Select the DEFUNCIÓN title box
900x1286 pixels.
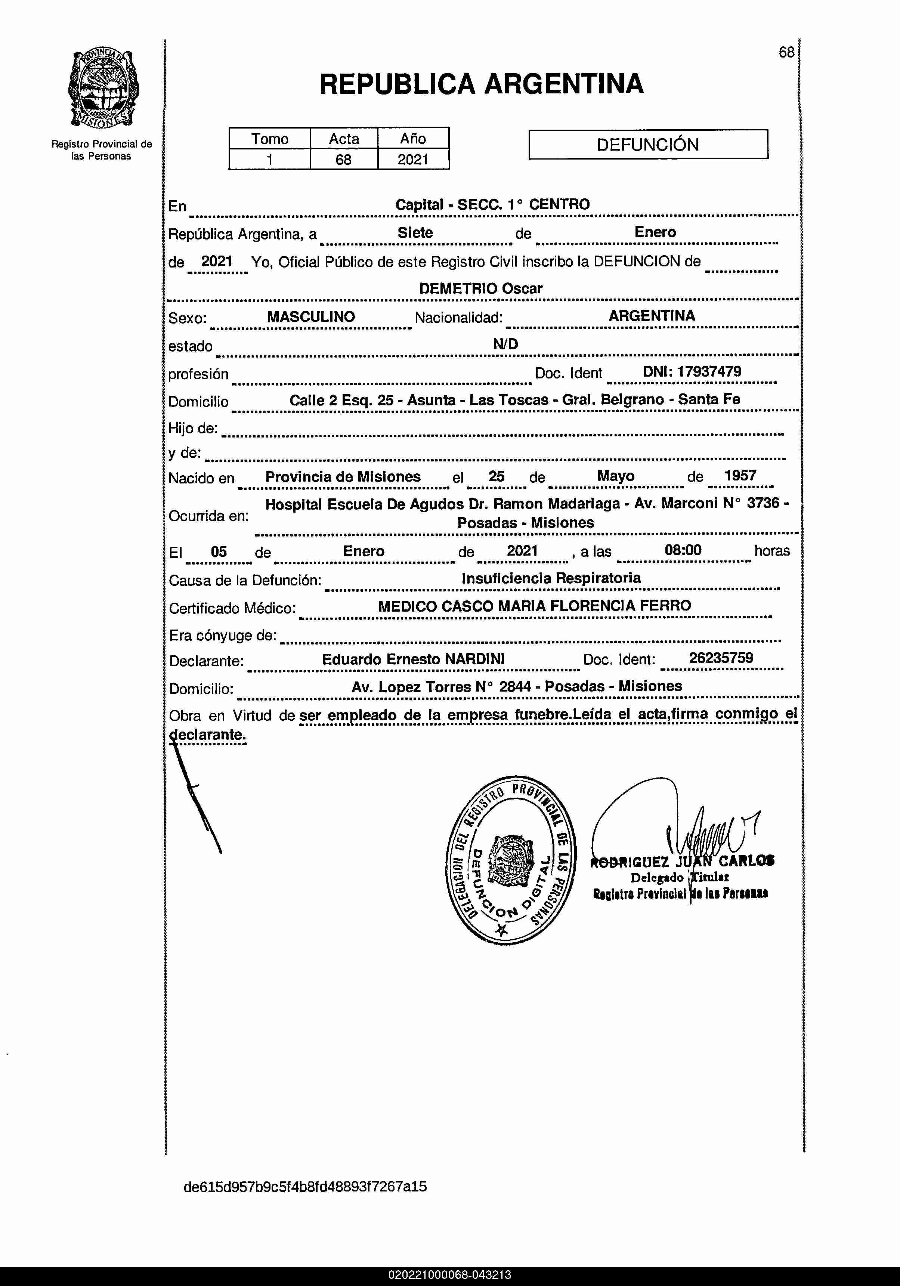pyautogui.click(x=648, y=145)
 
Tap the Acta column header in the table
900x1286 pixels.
pyautogui.click(x=344, y=138)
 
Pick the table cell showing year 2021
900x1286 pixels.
pyautogui.click(x=413, y=160)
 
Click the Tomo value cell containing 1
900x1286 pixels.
pyautogui.click(x=269, y=160)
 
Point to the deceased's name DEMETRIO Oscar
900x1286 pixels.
pyautogui.click(x=480, y=288)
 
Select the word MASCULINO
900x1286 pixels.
pyautogui.click(x=311, y=316)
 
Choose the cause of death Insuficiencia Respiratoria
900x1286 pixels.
pyautogui.click(x=551, y=578)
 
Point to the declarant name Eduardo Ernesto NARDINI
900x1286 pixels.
pyautogui.click(x=413, y=659)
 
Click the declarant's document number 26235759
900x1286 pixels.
pyautogui.click(x=721, y=658)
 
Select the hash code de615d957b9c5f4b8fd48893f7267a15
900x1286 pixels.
pyautogui.click(x=305, y=1186)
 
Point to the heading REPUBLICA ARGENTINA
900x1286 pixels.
pyautogui.click(x=481, y=84)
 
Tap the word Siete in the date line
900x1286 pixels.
pyautogui.click(x=415, y=232)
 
